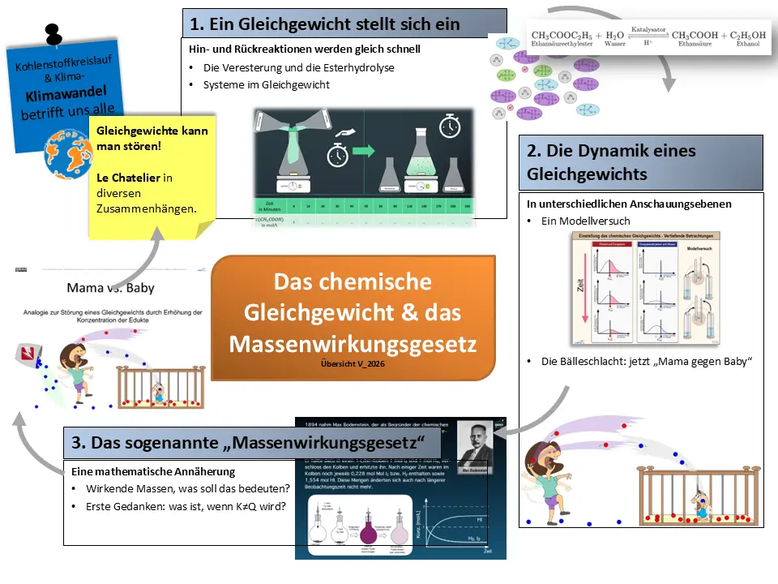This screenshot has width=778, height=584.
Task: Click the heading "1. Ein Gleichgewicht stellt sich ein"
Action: (325, 24)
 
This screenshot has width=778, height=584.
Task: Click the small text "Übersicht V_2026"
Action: (353, 365)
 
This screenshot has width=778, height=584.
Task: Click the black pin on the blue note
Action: (53, 33)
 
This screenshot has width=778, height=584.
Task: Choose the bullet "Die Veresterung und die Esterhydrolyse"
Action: (299, 67)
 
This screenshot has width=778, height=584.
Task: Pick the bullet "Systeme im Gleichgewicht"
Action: (267, 84)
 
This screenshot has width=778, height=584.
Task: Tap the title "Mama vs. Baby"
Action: (111, 288)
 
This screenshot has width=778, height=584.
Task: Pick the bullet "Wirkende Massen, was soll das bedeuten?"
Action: (187, 489)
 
